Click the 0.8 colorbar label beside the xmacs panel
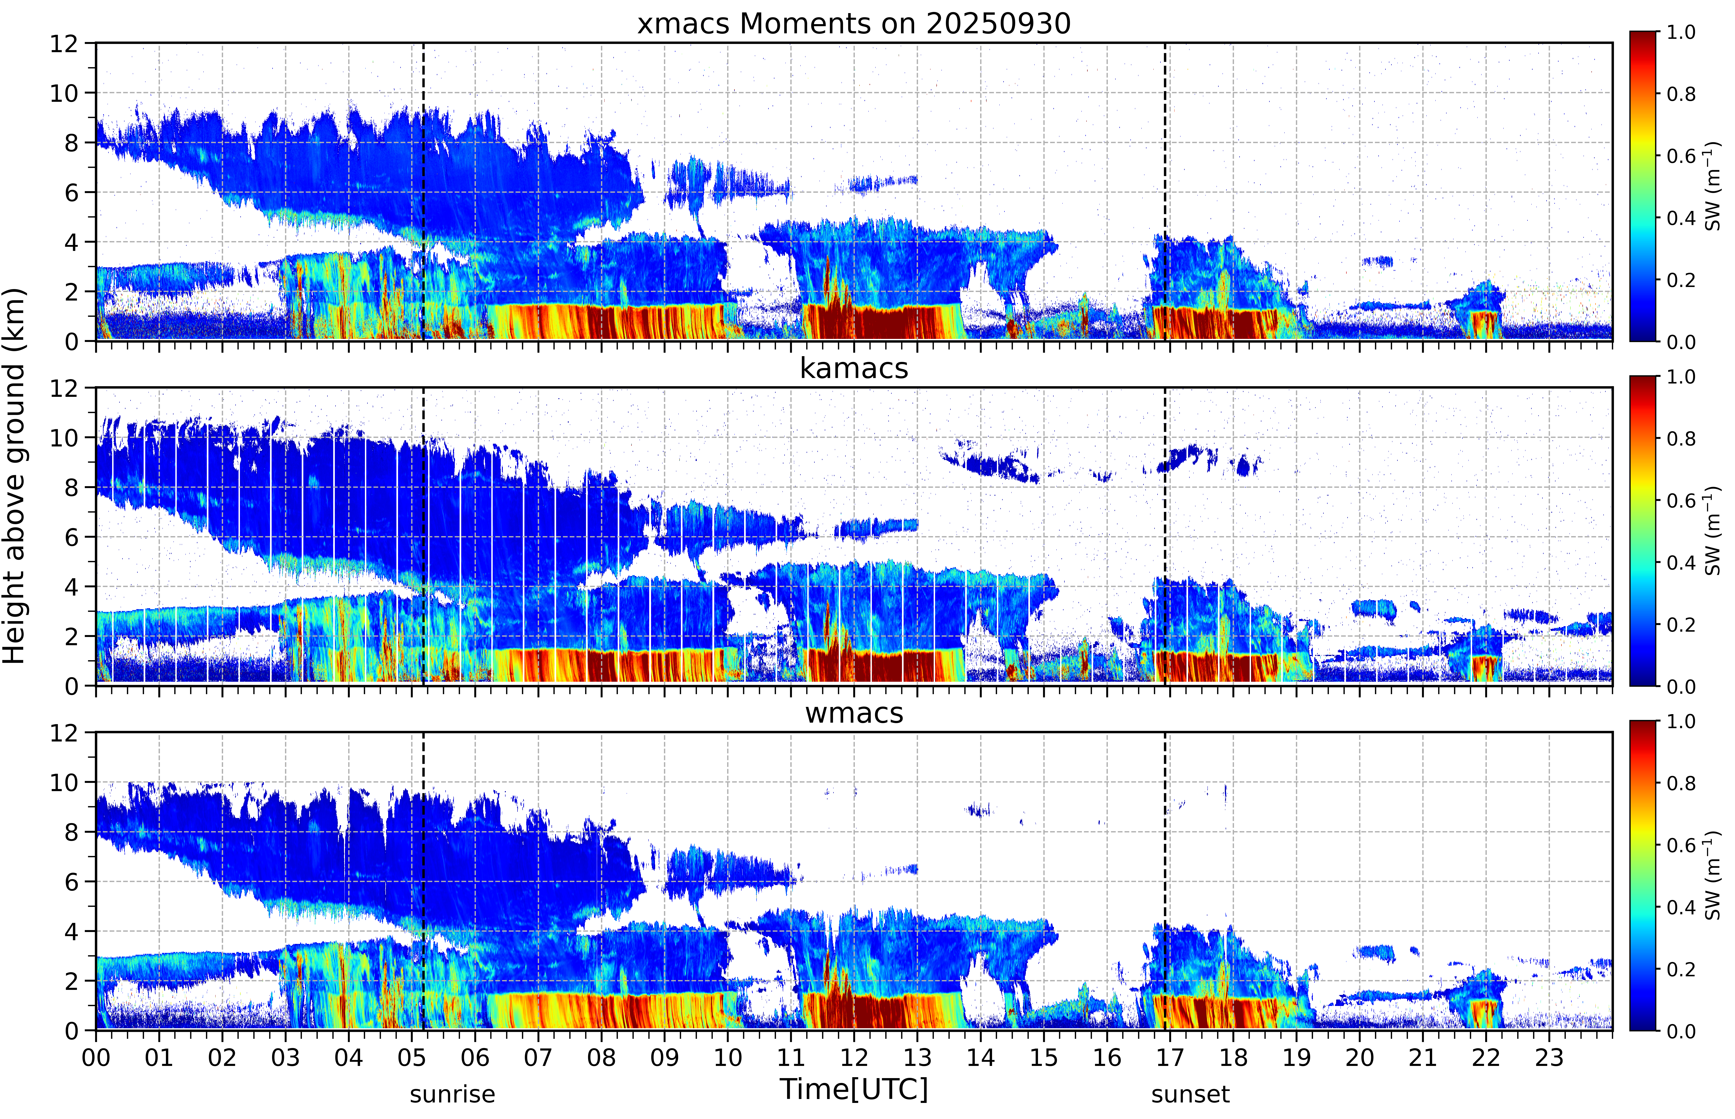pos(1681,94)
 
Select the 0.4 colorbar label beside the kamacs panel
pos(1681,562)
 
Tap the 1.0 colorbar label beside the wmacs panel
pos(1681,721)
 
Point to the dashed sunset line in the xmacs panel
pos(1165,192)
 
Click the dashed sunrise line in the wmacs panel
pos(423,881)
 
